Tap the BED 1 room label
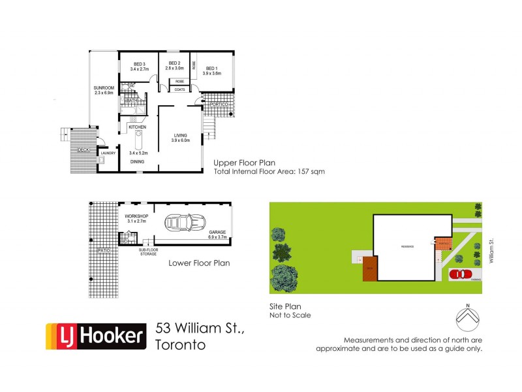211,68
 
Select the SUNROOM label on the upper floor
104,88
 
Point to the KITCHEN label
137,127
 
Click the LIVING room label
180,135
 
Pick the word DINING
137,161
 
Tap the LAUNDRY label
108,153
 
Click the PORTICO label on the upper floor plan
218,105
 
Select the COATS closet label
179,89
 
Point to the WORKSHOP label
136,216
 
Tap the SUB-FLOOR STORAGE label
147,251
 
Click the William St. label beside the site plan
491,251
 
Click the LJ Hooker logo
95,336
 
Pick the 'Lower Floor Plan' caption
198,264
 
